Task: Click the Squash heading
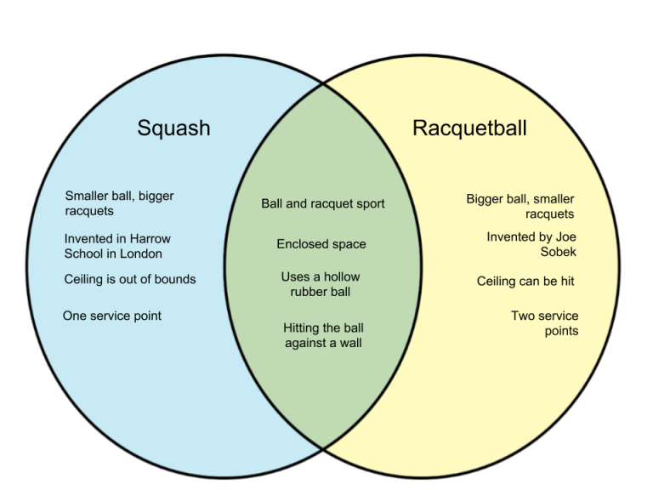(x=173, y=128)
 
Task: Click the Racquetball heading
(x=469, y=128)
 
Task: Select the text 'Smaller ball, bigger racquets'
(x=119, y=203)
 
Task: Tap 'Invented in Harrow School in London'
(x=117, y=246)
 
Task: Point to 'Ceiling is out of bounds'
(x=130, y=279)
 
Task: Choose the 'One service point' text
(x=111, y=316)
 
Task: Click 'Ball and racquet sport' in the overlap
(x=322, y=203)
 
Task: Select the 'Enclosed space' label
(x=321, y=244)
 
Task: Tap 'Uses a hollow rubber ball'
(x=321, y=284)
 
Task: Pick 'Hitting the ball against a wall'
(x=322, y=335)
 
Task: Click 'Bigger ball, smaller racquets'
(x=520, y=206)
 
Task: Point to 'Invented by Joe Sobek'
(x=531, y=244)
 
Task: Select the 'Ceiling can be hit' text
(x=531, y=281)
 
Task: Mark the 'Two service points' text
(x=544, y=323)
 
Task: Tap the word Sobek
(x=558, y=252)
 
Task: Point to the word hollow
(x=342, y=276)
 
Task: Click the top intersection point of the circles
(x=322, y=83)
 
